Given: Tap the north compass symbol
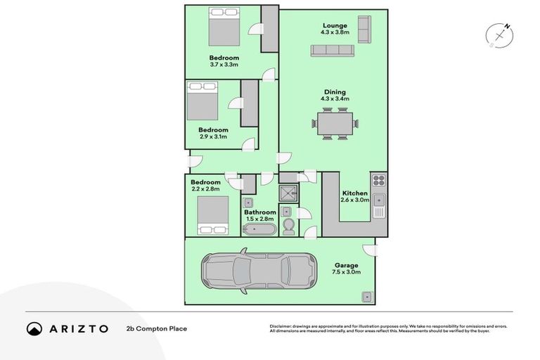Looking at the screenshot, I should coord(499,35).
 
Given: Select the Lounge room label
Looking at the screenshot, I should coord(335,26).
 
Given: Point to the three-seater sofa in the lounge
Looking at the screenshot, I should coord(333,51).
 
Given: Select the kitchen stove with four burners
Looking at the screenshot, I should coord(378,181).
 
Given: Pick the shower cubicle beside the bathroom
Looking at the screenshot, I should coord(288,194).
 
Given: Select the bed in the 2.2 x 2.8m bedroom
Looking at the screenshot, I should coord(212,214).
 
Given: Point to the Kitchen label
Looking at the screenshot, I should coord(354,193).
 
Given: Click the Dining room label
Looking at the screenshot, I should coord(335,92).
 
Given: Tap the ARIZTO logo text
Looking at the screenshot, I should coord(78,328).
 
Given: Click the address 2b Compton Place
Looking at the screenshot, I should coord(157,328).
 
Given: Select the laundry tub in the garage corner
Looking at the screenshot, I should coord(366,297).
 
